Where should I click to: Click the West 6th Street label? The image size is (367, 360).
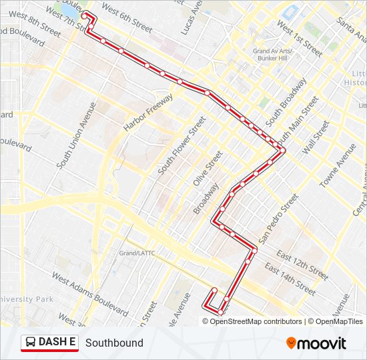(x=127, y=21)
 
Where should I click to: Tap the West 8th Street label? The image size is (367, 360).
(x=35, y=22)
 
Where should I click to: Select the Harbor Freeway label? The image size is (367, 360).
(x=148, y=111)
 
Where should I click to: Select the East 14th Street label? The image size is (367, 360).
(x=290, y=279)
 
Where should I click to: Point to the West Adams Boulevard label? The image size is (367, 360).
(x=90, y=294)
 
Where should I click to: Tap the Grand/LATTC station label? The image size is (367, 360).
(x=137, y=253)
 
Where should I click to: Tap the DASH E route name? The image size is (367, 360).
(x=57, y=342)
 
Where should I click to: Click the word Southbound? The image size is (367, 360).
(x=114, y=343)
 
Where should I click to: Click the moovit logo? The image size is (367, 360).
(x=316, y=343)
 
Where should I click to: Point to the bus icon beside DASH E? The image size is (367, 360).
(x=31, y=343)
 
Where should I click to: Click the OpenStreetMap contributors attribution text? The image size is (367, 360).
(x=256, y=321)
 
